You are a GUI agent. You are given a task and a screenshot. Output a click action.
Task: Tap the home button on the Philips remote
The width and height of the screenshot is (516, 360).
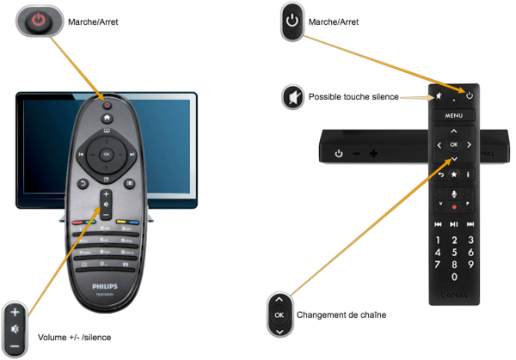(107, 116)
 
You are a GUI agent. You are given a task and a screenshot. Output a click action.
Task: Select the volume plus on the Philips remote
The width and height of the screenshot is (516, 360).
(106, 194)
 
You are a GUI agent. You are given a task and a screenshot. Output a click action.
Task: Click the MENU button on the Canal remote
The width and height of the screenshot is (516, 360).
(453, 113)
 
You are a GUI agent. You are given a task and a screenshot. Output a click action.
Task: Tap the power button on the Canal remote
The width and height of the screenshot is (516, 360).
(470, 94)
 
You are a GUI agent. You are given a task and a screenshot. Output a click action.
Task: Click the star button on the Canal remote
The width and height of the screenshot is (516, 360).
(453, 174)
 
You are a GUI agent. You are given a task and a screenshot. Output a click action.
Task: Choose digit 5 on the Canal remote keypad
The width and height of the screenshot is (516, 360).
(453, 253)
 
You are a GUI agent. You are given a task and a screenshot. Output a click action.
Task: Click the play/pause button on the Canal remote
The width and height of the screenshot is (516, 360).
(453, 224)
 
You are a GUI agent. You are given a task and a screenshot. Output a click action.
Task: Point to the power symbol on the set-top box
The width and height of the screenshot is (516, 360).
(339, 155)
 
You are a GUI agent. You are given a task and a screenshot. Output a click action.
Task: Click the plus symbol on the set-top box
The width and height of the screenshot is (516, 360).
(374, 155)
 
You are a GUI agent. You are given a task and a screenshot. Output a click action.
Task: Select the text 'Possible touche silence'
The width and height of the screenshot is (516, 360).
(353, 97)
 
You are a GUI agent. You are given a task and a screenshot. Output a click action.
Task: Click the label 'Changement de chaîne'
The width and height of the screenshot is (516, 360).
(341, 315)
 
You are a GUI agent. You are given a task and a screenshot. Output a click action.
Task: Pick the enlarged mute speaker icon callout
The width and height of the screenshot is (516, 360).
(293, 97)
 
